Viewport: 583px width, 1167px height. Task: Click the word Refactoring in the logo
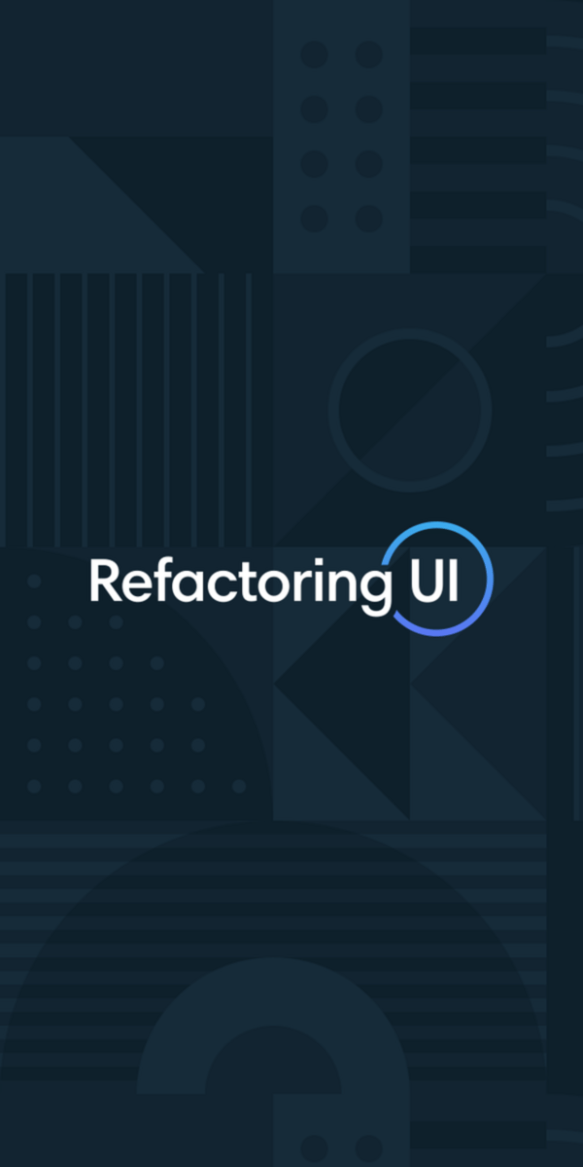(x=233, y=582)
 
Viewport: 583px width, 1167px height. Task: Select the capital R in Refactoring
(x=103, y=580)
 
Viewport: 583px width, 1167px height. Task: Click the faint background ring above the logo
(x=410, y=336)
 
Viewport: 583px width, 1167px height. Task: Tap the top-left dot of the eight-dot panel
(x=314, y=54)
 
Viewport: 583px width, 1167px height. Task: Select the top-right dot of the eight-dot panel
(x=368, y=54)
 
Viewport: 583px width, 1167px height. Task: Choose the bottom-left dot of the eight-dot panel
(x=314, y=218)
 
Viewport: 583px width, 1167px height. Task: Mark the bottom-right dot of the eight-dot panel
(x=368, y=218)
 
